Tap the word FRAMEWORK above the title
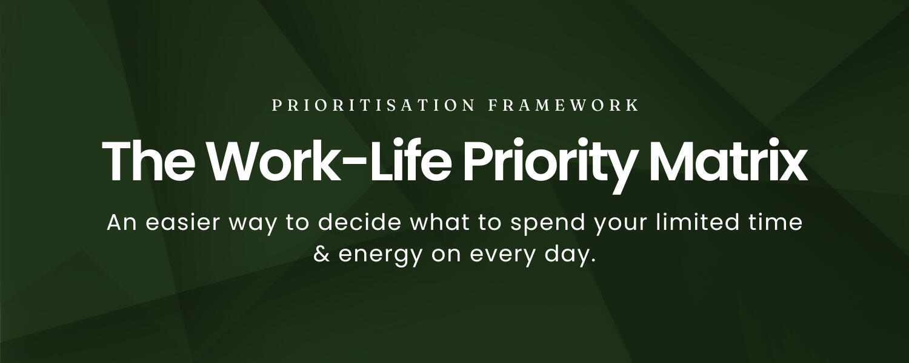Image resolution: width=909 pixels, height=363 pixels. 564,105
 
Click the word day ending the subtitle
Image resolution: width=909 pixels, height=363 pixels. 569,254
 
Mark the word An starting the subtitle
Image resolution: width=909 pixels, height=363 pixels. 120,223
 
